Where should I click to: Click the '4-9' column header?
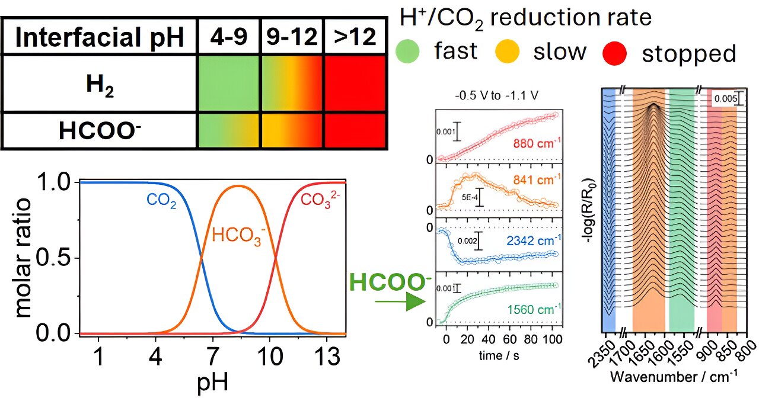[x=229, y=38]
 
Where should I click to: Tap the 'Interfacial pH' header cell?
[x=99, y=38]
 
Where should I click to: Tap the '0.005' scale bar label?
[x=724, y=99]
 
